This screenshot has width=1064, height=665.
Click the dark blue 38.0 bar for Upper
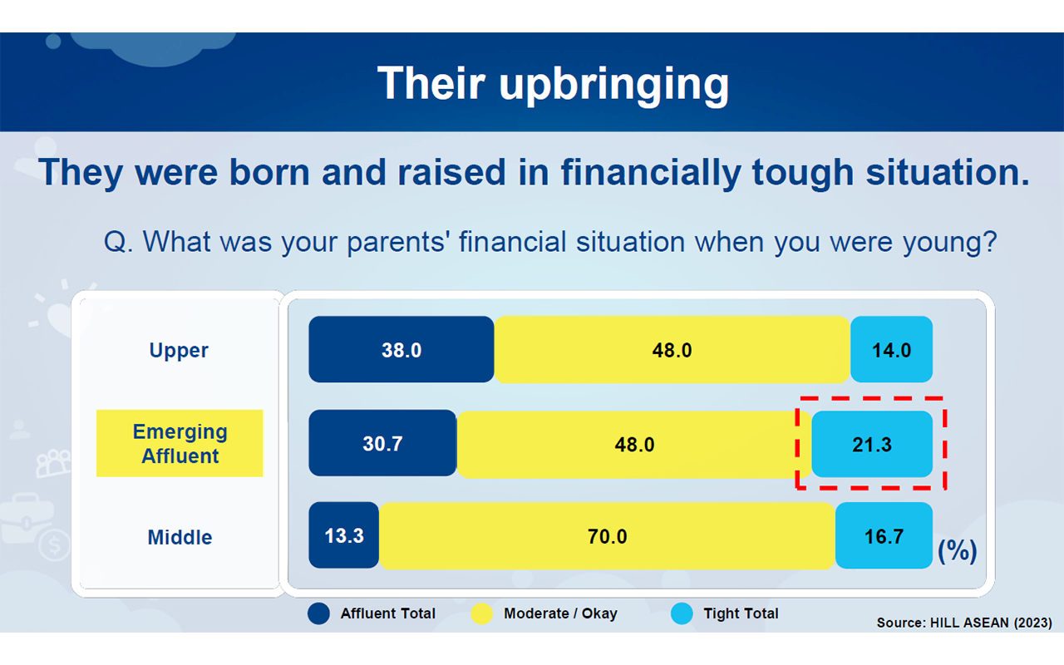pos(401,349)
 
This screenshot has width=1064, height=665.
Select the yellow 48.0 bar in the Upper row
pos(672,349)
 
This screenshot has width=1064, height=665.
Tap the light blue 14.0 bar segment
pos(892,349)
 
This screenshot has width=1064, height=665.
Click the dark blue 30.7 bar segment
pos(382,443)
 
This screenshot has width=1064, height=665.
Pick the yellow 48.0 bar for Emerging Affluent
pos(634,444)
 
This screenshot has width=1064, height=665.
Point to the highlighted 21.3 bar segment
pos(872,444)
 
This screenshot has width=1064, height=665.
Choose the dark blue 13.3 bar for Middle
pos(344,535)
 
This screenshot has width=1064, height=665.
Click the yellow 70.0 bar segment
pos(607,536)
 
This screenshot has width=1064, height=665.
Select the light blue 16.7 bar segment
pos(884,536)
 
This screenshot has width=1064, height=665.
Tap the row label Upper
pos(179,351)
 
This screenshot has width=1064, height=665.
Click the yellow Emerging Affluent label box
pos(180,443)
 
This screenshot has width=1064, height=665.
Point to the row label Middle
pos(180,537)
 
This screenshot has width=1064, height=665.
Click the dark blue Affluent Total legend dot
pos(318,613)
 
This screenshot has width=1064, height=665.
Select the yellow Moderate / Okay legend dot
pos(481,613)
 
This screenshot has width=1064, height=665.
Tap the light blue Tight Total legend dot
pos(682,613)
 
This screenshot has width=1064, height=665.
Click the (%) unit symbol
pos(957,551)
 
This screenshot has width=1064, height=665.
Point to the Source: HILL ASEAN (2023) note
pos(964,623)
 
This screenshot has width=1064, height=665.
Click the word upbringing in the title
pos(613,85)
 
